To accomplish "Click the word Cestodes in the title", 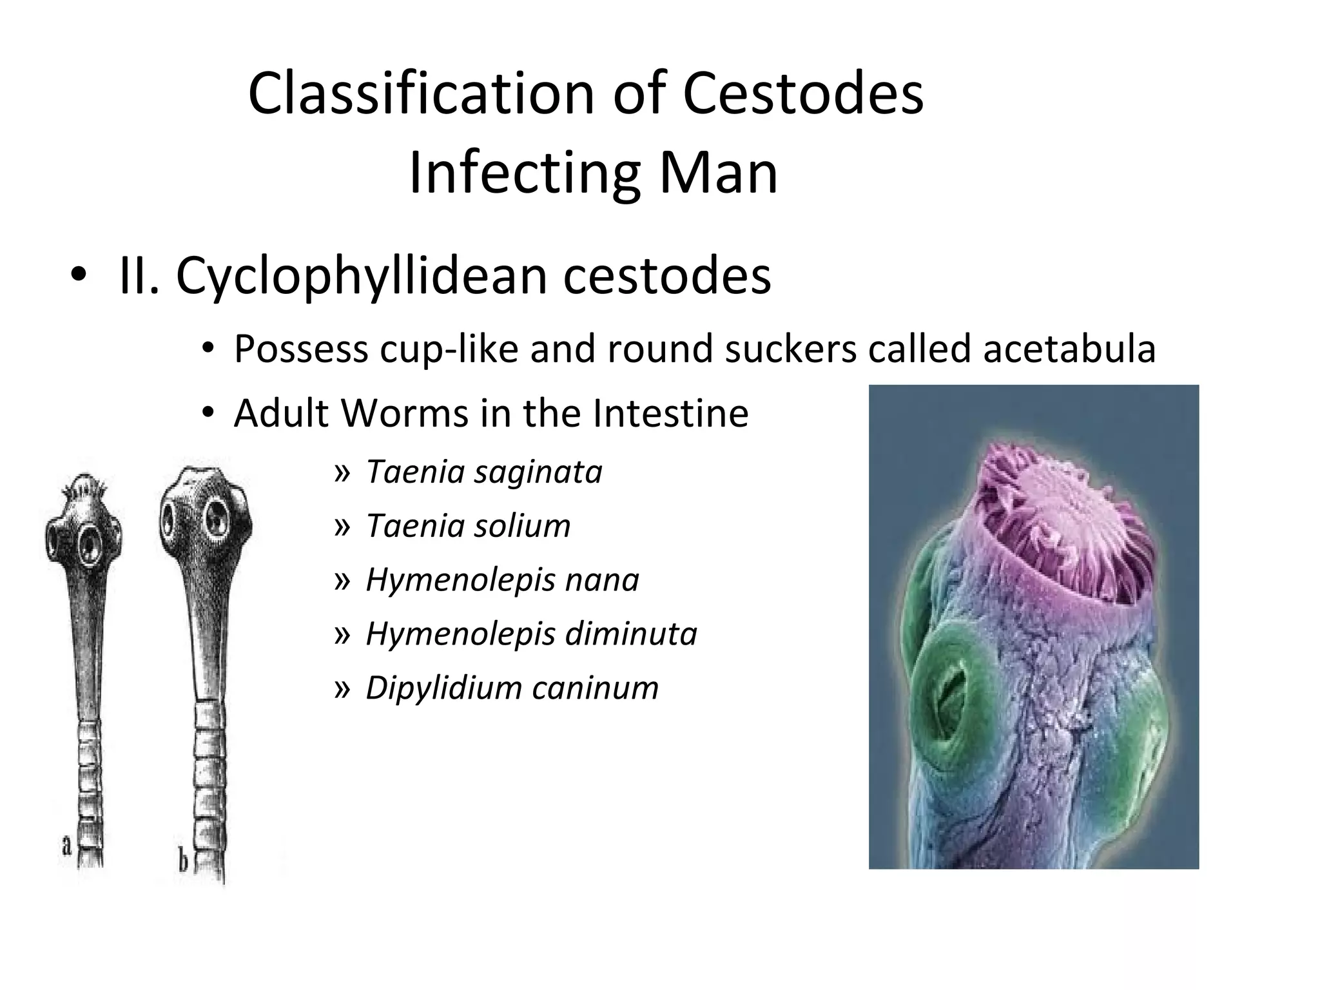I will click(x=802, y=93).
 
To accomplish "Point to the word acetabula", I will click(x=1069, y=349).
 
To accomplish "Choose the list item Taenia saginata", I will click(x=483, y=472).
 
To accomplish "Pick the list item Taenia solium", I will click(x=468, y=526).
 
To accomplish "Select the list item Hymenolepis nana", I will click(x=502, y=579).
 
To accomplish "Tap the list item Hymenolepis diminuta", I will click(x=531, y=634).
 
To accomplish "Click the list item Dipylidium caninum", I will click(x=512, y=688).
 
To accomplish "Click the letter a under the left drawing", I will click(x=66, y=845).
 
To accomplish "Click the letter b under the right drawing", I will click(x=182, y=860).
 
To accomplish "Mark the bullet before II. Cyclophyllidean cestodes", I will click(x=78, y=276).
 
